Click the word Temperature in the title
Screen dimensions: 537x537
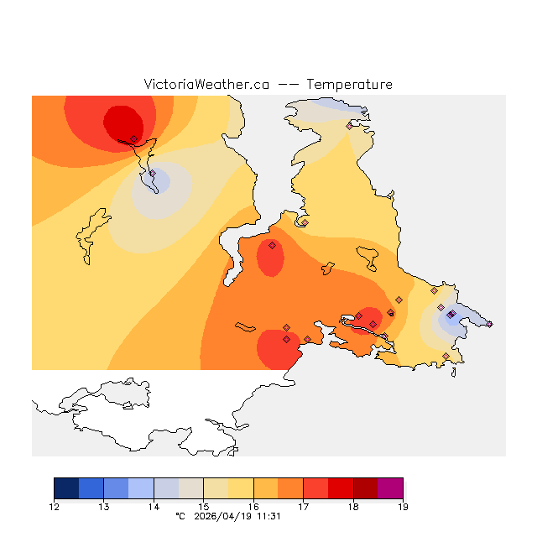click(349, 85)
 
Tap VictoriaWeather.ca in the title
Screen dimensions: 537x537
click(206, 85)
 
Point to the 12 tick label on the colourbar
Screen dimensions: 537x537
click(54, 506)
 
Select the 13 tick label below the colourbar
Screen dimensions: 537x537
click(103, 506)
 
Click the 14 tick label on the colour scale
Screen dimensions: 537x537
click(154, 506)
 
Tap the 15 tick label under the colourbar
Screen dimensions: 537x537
click(203, 506)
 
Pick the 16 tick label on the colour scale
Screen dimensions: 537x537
click(253, 506)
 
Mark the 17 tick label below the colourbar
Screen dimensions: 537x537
click(303, 506)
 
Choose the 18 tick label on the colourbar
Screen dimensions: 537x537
click(353, 506)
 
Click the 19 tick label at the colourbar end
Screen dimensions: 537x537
click(403, 506)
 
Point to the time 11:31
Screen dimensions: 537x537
click(269, 516)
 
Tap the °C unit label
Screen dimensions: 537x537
click(179, 516)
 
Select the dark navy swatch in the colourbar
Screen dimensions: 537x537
click(66, 488)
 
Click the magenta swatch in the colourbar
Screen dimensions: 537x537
click(390, 488)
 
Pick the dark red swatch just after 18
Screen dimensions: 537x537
click(366, 488)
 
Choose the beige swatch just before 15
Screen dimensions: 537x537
click(191, 488)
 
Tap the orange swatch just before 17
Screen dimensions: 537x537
click(290, 488)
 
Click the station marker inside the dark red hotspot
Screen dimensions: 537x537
click(133, 138)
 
